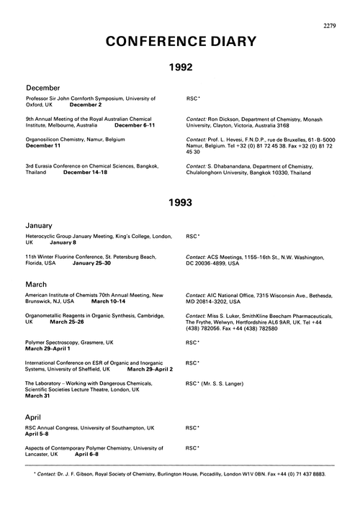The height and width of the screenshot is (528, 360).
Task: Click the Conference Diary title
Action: point(179,40)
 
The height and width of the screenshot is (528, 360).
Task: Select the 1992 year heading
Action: point(180,68)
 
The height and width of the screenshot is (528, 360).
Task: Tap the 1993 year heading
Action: point(180,203)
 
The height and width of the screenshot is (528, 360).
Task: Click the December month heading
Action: point(47,87)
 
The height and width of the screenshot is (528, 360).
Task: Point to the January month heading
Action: point(42,225)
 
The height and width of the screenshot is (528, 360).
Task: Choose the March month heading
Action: point(39,284)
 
